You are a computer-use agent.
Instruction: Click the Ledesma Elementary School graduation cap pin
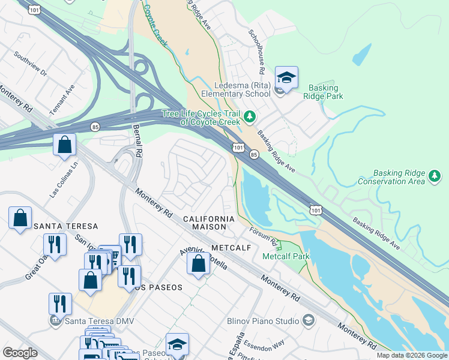(x=286, y=78)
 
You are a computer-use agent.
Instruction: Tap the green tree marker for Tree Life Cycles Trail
(x=250, y=116)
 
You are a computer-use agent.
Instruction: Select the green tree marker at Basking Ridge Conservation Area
(x=434, y=176)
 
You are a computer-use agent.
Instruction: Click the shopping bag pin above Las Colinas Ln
(x=64, y=145)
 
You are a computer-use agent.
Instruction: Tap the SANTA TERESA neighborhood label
(x=65, y=226)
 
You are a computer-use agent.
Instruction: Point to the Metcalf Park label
(x=286, y=256)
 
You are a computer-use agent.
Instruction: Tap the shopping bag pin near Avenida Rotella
(x=198, y=264)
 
